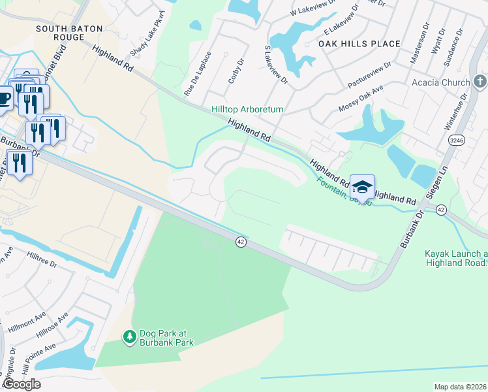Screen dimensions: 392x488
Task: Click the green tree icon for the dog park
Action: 129,336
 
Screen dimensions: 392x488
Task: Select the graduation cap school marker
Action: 362,188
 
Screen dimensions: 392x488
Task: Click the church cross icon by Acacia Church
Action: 480,82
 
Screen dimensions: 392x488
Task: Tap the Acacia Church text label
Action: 440,82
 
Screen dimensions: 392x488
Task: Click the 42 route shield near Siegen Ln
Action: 441,210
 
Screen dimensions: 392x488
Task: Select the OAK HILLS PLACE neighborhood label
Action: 359,44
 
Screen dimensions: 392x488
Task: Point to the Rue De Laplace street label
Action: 198,74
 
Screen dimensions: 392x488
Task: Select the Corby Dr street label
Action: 236,71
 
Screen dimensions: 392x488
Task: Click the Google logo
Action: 22,384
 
